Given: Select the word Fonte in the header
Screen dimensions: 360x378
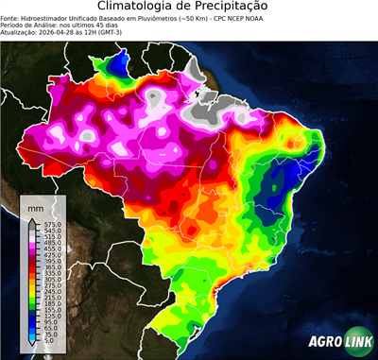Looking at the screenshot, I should (x=11, y=17).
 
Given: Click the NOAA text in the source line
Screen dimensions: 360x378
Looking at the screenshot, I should (x=272, y=17).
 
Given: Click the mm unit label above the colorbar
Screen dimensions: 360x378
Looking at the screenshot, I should (x=36, y=205).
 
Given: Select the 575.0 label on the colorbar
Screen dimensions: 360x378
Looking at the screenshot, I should (x=47, y=223).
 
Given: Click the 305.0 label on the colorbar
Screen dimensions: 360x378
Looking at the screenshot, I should (x=47, y=280).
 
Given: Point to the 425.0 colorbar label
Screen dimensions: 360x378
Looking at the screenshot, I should (x=47, y=254).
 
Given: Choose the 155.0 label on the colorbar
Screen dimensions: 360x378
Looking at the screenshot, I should (x=47, y=311).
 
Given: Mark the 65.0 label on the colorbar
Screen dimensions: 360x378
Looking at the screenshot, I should (x=46, y=330).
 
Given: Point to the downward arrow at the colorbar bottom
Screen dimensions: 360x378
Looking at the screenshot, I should (x=32, y=347).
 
